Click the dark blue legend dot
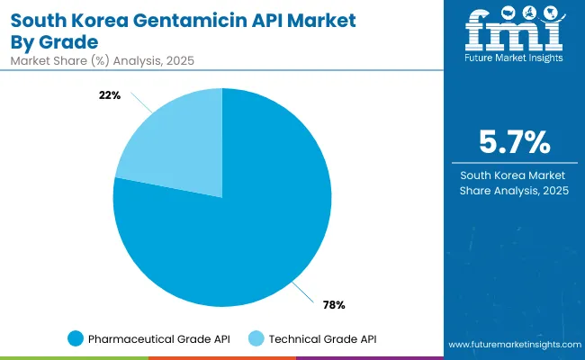tap(75, 338)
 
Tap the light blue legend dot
tap(256, 338)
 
